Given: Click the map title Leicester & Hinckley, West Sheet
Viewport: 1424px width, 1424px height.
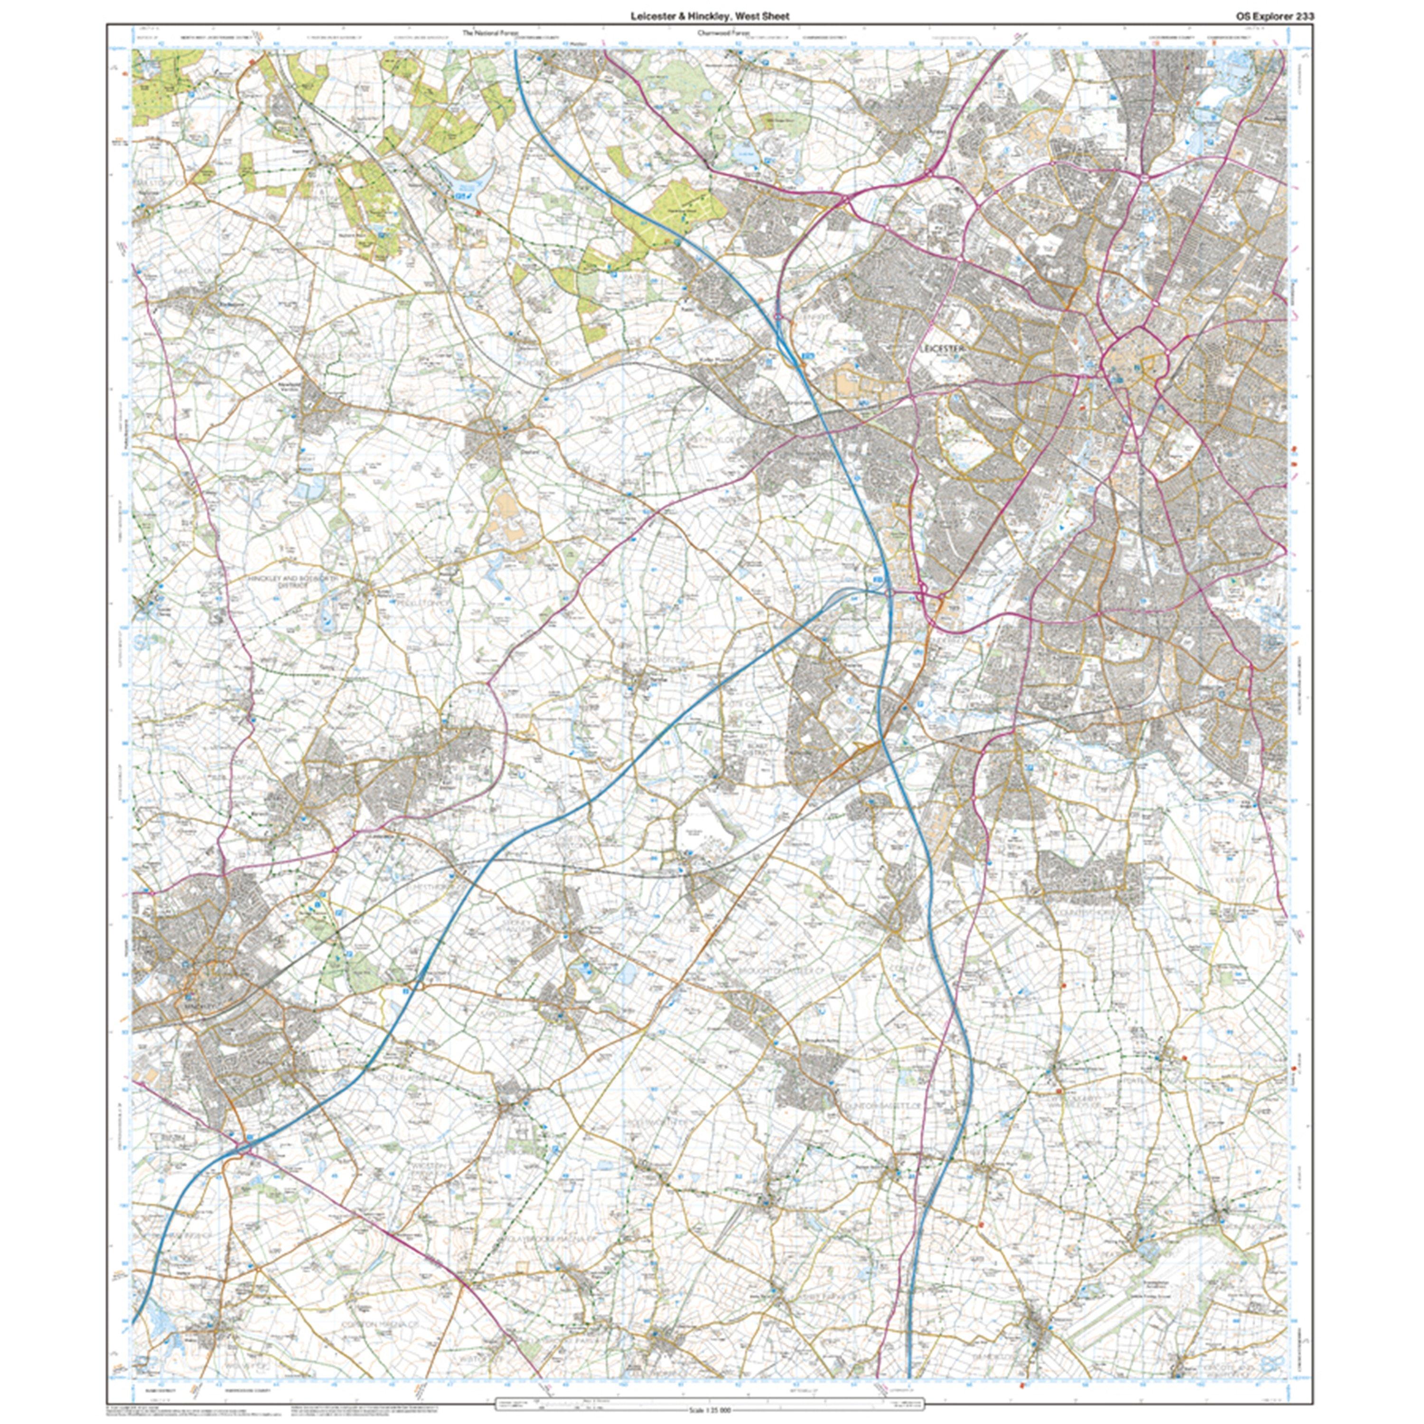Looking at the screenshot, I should [x=709, y=16].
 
